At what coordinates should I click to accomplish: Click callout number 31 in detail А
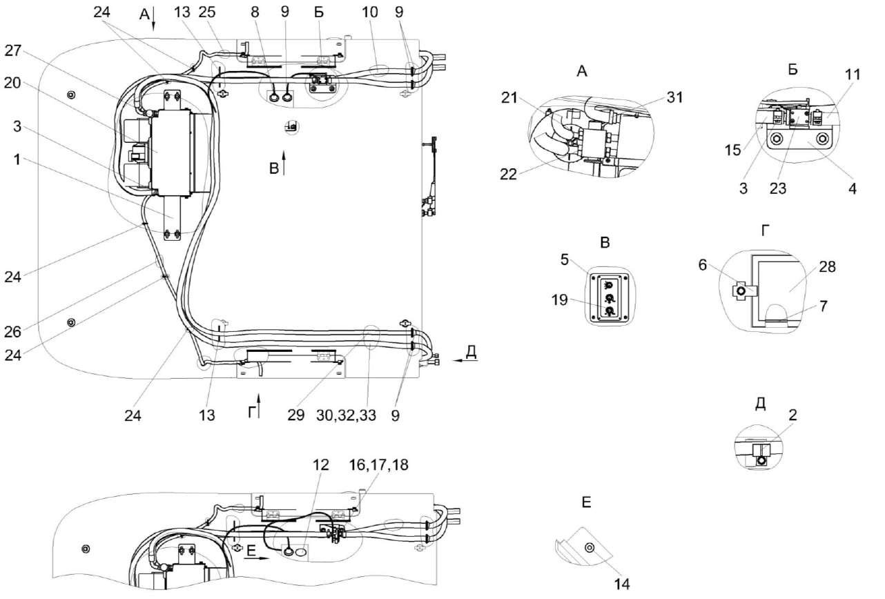pos(675,97)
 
